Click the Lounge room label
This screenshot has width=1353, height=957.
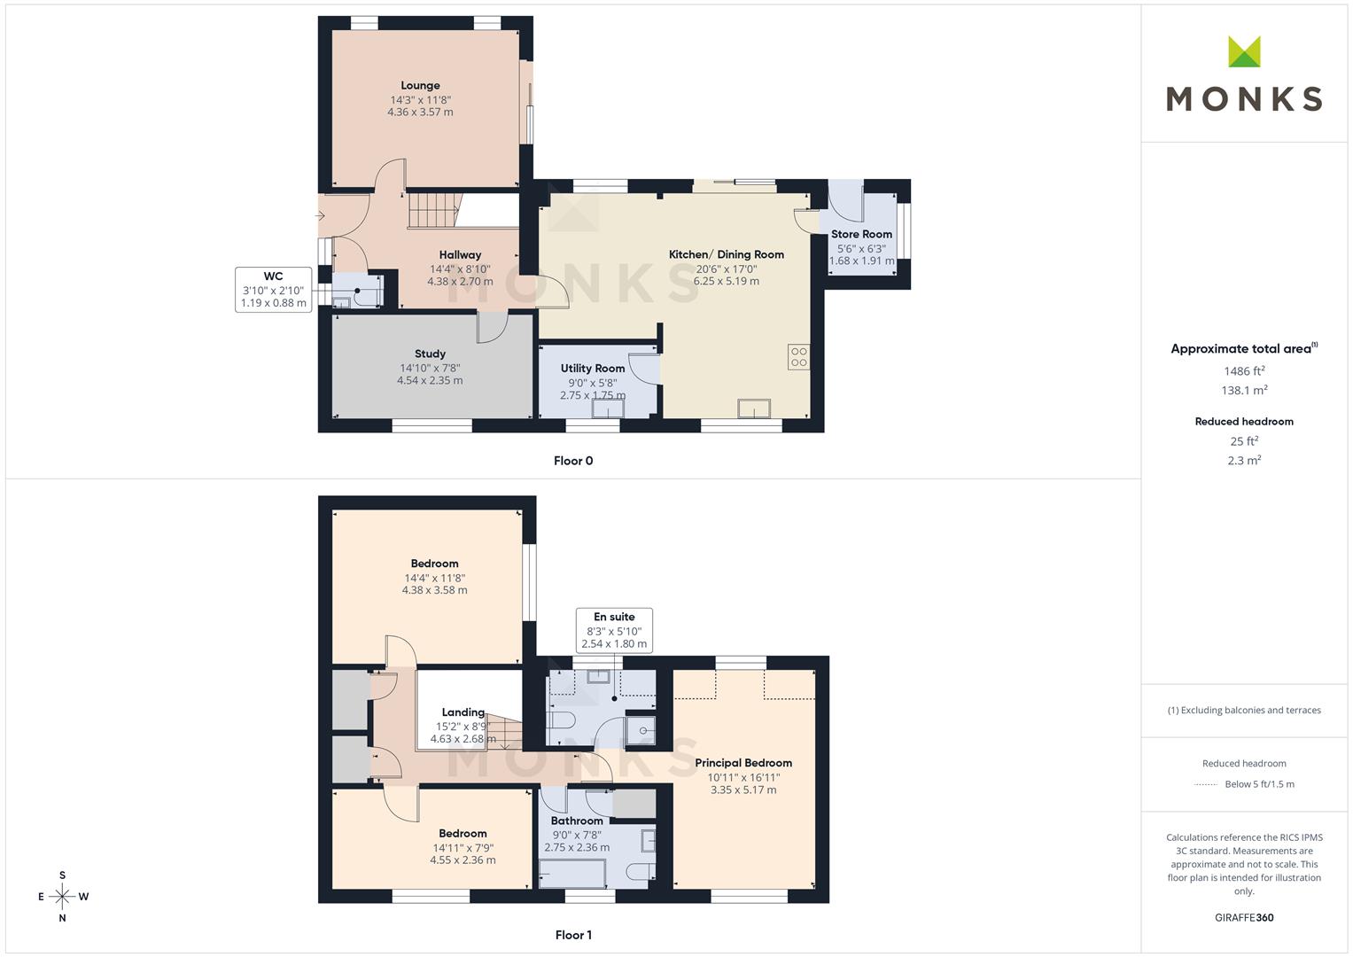[x=420, y=86]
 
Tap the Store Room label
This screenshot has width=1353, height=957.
[x=861, y=235]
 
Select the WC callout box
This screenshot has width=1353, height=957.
[x=274, y=290]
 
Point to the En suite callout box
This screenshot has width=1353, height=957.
[x=614, y=630]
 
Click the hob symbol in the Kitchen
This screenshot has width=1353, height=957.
[x=798, y=357]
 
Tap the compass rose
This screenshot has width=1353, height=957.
[x=62, y=897]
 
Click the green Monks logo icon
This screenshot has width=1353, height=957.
[x=1244, y=51]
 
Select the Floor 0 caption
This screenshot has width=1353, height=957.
[x=573, y=461]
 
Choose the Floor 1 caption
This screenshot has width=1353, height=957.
[x=573, y=935]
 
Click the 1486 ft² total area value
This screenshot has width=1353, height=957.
[x=1244, y=371]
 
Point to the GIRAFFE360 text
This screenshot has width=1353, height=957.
[x=1244, y=918]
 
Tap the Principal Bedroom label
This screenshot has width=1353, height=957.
[x=743, y=763]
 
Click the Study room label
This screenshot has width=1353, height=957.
[x=430, y=354]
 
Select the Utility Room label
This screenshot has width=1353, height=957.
[x=593, y=369]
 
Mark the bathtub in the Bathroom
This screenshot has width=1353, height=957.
[x=572, y=875]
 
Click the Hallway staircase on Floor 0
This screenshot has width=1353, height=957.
[x=433, y=210]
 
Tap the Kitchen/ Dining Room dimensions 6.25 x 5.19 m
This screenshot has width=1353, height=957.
[x=726, y=281]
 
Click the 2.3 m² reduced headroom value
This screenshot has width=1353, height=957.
[x=1244, y=461]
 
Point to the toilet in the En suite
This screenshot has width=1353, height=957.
[x=561, y=720]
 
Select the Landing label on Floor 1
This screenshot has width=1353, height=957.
[x=463, y=712]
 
